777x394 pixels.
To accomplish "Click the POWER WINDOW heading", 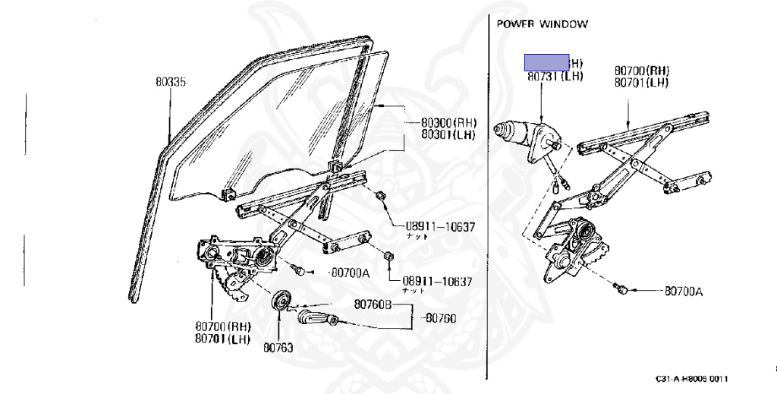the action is pos(542,24).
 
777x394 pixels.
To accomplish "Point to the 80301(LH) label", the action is pos(448,135).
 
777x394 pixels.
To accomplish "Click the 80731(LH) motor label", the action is pos(555,77).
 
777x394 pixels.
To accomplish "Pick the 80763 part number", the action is pos(278,348).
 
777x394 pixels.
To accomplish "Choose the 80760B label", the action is pos(373,305).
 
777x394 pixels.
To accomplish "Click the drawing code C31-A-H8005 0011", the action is pos(692,379).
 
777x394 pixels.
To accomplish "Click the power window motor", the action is pos(527,137).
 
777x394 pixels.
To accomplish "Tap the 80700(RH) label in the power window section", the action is pos(643,71).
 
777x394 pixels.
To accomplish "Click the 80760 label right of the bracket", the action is pos(440,318).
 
